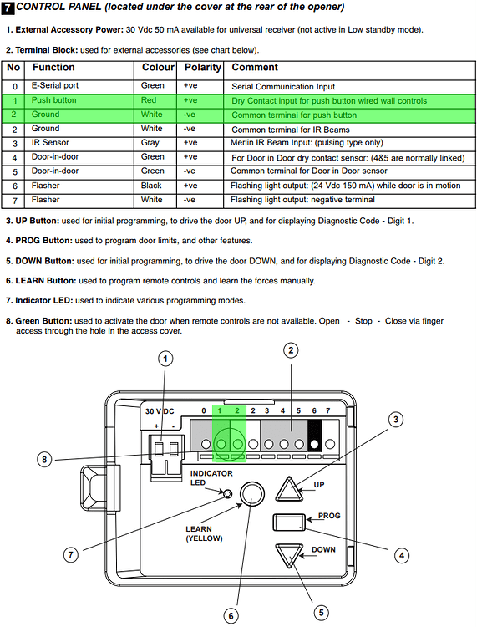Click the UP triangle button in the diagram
[289, 489]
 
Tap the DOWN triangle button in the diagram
[289, 554]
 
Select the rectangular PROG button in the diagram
[289, 522]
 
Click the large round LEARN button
[252, 493]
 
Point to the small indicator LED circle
[228, 494]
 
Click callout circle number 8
[44, 460]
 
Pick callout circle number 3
[396, 420]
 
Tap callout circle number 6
[231, 616]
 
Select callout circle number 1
[165, 359]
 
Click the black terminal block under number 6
[314, 435]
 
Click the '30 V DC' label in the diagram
[160, 411]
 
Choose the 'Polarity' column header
[202, 67]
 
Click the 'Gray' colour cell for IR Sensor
[150, 143]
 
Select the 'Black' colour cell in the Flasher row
[151, 186]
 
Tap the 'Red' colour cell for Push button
[148, 100]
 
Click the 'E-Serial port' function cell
[55, 85]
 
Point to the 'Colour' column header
[158, 67]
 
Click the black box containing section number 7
[8, 8]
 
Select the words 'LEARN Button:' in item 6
[46, 281]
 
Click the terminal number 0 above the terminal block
[204, 410]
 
